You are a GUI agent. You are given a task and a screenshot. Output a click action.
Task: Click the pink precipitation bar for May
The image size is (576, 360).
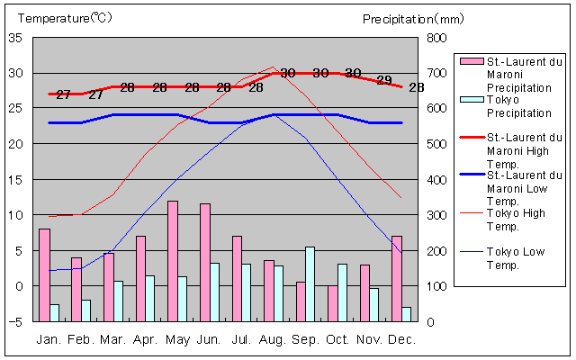pyautogui.click(x=172, y=261)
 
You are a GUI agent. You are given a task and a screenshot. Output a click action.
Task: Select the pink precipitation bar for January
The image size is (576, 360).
pyautogui.click(x=44, y=274)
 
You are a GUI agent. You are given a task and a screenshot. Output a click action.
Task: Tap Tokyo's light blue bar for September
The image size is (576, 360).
pyautogui.click(x=310, y=283)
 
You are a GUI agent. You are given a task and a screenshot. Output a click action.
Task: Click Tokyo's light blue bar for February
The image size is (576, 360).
pyautogui.click(x=86, y=310)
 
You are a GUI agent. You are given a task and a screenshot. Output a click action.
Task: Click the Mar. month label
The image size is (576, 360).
pyautogui.click(x=112, y=339)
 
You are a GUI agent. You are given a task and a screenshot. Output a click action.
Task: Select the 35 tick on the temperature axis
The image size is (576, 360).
pyautogui.click(x=16, y=38)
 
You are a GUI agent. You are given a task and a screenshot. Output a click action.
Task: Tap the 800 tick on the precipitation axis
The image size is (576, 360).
pyautogui.click(x=436, y=38)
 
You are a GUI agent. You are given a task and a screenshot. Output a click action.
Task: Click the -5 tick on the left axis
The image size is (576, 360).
pyautogui.click(x=16, y=321)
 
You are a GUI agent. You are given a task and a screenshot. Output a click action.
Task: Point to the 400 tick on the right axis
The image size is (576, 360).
pyautogui.click(x=436, y=180)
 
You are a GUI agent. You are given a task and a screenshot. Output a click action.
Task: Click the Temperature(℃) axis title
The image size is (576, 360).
pyautogui.click(x=66, y=18)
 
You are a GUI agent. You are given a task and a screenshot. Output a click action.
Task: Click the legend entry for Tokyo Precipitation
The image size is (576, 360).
pyautogui.click(x=518, y=106)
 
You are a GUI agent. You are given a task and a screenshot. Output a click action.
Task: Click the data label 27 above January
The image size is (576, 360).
pyautogui.click(x=63, y=94)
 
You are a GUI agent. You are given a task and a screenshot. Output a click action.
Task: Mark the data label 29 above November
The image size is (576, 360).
pyautogui.click(x=384, y=80)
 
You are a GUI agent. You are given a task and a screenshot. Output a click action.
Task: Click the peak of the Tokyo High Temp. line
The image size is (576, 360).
pyautogui.click(x=273, y=67)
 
